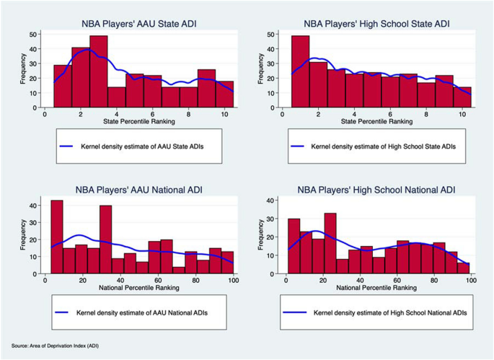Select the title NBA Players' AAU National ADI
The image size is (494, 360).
tap(136, 190)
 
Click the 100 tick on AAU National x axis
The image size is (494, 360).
tap(231, 279)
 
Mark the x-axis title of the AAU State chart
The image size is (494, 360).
tap(136, 121)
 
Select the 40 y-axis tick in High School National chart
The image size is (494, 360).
tap(269, 201)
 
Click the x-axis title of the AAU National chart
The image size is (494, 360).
tap(136, 287)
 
